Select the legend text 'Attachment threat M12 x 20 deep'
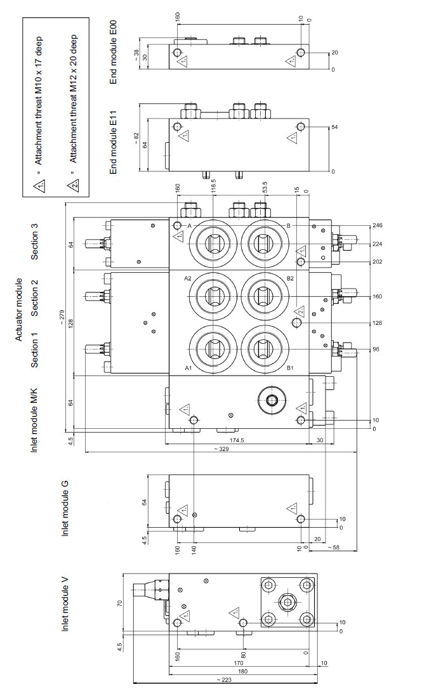coord(72,101)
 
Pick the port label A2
coord(187,278)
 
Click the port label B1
coord(290,368)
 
